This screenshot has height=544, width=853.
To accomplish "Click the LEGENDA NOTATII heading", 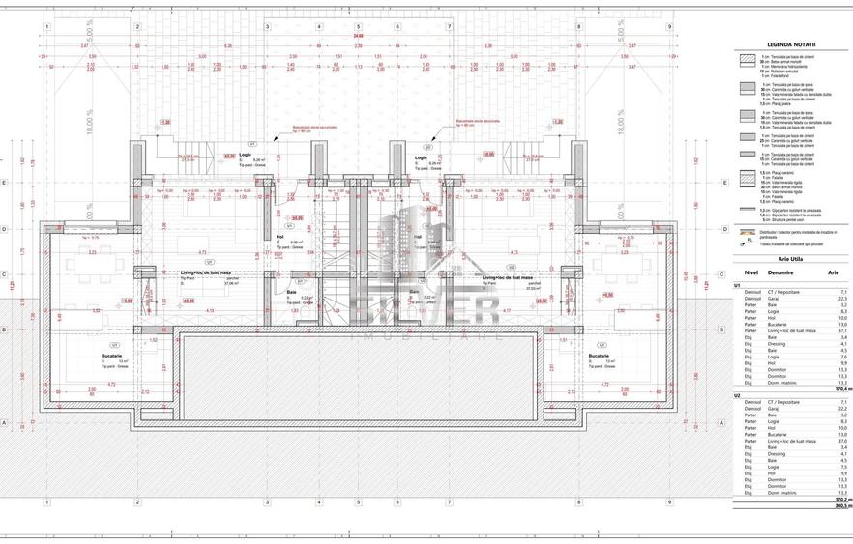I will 791,44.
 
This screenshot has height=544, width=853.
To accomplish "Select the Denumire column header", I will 780,273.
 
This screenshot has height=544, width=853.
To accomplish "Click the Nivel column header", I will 743,273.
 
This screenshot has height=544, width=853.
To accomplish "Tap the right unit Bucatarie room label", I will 599,355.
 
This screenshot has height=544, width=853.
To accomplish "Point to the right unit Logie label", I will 421,157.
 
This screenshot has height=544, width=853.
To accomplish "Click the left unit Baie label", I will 292,291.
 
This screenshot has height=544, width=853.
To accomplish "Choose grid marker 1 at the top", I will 47,26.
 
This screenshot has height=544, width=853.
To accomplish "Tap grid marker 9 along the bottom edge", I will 669,501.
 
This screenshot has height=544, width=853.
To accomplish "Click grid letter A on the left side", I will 6,422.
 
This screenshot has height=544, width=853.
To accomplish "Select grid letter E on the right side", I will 710,183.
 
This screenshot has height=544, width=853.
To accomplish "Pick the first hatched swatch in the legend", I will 748,59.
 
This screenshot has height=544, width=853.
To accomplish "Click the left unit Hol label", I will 279,236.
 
